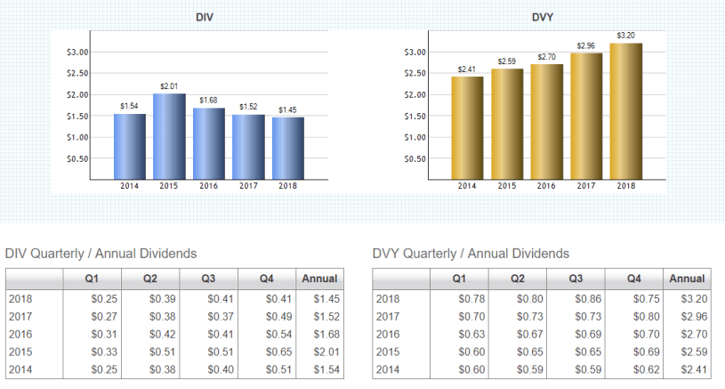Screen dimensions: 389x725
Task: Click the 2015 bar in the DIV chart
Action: click(169, 136)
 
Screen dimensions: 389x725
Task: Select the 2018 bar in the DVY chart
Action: click(625, 111)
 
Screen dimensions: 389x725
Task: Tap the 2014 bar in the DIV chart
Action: click(129, 146)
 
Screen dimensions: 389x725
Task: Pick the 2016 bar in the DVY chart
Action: click(547, 122)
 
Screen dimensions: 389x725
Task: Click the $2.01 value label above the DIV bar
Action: click(169, 85)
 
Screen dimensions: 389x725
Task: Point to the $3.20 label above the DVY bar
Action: click(625, 36)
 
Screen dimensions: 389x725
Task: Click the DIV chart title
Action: click(208, 18)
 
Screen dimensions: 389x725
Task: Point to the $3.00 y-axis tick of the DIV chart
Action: click(78, 52)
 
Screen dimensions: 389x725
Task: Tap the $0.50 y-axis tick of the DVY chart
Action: click(415, 158)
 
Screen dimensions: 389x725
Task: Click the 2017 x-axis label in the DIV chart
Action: click(248, 185)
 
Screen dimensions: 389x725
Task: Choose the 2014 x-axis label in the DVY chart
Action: click(467, 185)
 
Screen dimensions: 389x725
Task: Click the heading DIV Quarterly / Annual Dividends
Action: click(101, 254)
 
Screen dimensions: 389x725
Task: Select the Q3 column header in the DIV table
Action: click(207, 279)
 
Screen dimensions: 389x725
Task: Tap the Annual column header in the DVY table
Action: click(687, 279)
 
